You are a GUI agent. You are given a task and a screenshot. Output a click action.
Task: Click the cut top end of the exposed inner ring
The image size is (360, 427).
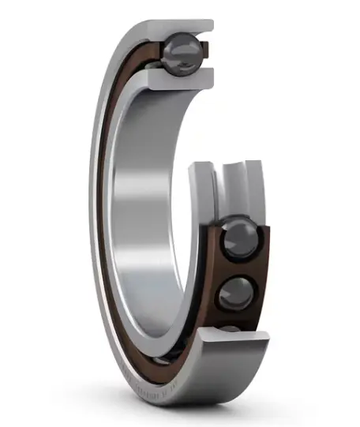[202, 167]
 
